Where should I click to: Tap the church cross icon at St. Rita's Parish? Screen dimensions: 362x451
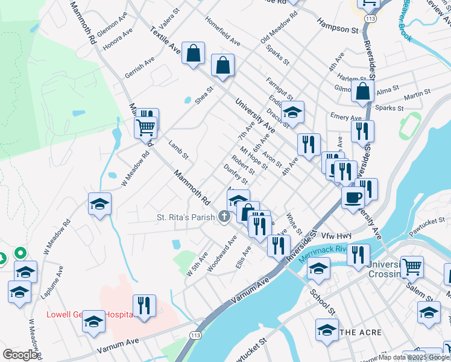224,216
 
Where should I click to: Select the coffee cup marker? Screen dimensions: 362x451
353,197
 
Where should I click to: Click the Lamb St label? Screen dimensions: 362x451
178,150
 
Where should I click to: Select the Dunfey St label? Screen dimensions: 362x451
236,174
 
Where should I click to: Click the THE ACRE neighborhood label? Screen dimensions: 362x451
360,332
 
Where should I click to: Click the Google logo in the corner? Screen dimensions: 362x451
20,355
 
